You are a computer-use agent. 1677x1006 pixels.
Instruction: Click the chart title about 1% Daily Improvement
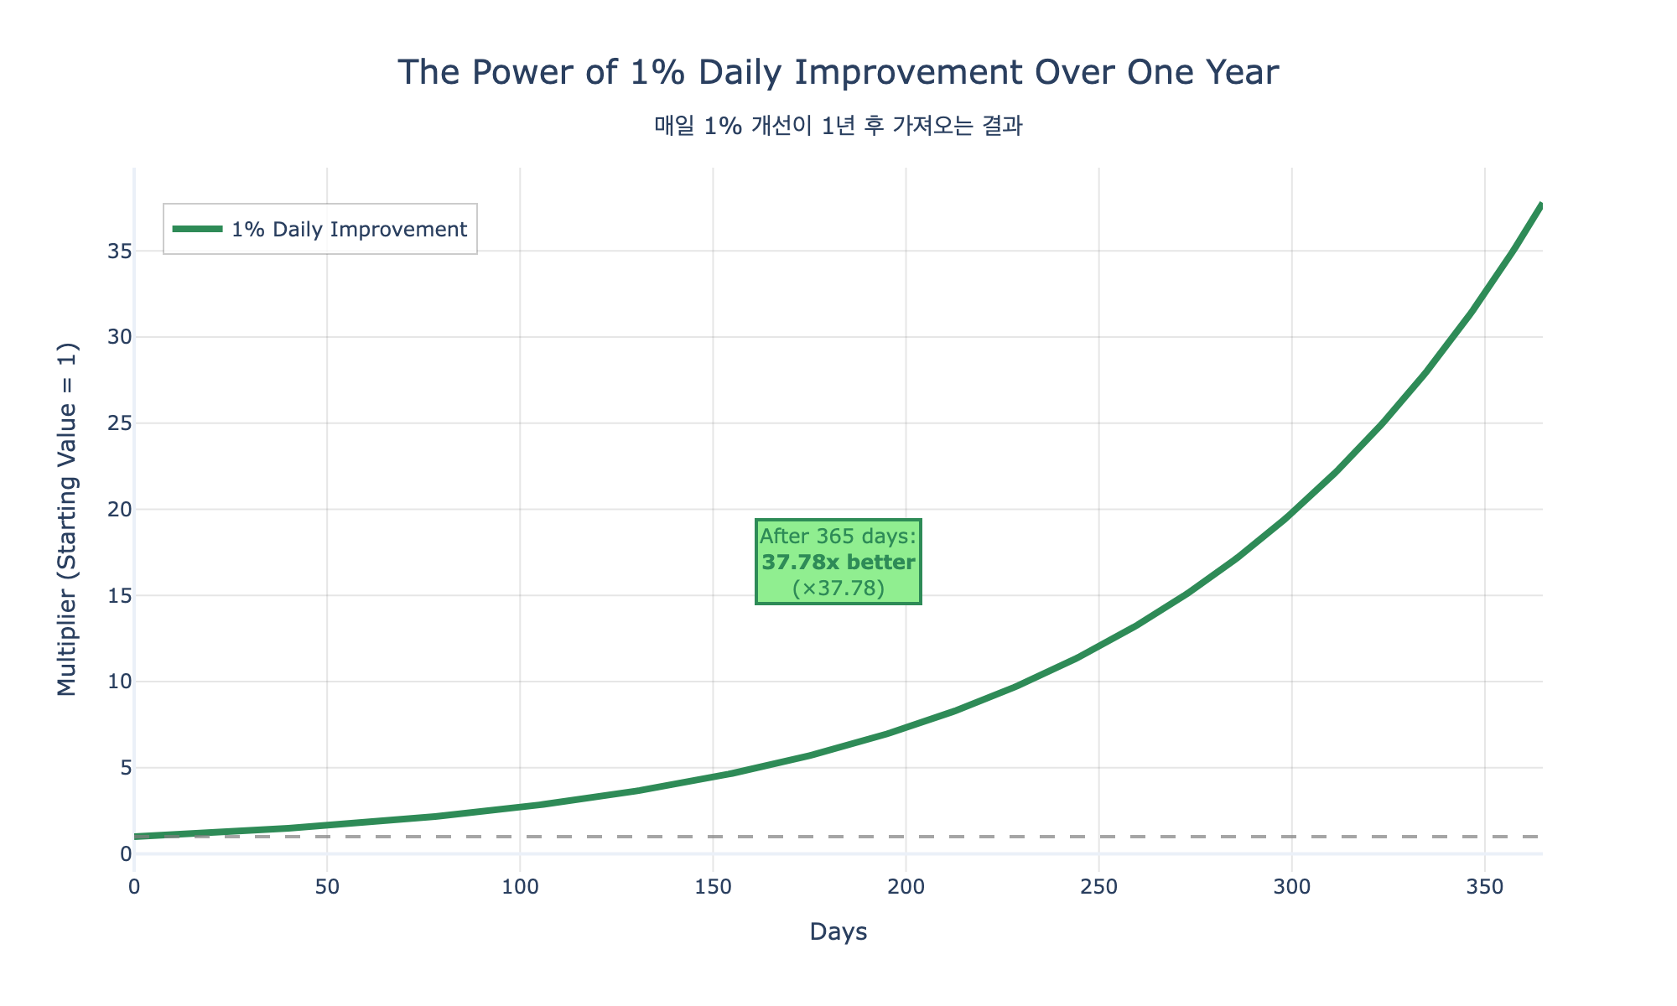coord(838,73)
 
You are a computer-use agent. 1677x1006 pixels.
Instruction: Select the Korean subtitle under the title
coord(838,127)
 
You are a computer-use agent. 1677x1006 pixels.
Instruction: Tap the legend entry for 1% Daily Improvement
coord(349,229)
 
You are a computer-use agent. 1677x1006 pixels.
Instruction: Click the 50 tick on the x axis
coord(327,886)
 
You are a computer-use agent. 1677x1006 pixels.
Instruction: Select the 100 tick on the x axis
coord(520,886)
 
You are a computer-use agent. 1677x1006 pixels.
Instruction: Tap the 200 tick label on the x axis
coord(906,886)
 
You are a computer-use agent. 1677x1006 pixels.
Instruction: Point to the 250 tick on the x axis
coord(1098,886)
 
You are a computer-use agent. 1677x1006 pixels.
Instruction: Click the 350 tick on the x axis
coord(1485,886)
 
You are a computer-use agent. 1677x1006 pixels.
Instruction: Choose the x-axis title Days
coord(838,932)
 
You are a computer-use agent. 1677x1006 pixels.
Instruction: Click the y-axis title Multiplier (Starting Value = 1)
coord(67,519)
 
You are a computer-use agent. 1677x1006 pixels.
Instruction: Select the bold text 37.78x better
coord(838,563)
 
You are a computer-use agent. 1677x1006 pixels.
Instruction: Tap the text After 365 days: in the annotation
coord(838,537)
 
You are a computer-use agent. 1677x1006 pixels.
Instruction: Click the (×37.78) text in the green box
coord(838,589)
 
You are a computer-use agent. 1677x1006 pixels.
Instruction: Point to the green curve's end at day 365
coord(1541,205)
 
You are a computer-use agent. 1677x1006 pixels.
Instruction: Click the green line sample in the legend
coord(197,229)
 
